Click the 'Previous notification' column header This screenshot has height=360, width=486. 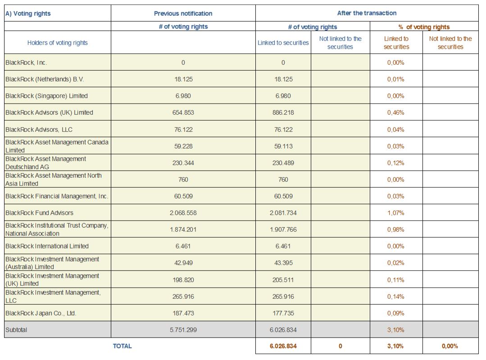pos(183,13)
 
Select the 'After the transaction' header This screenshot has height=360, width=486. pos(367,13)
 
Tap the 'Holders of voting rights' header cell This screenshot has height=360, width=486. pos(57,43)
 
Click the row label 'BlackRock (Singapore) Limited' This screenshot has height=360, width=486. pos(46,96)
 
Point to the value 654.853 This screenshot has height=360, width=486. pos(183,112)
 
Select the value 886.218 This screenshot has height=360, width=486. pos(283,112)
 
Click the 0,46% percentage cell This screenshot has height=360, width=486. pos(395,112)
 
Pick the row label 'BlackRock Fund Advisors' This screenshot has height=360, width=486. pos(39,213)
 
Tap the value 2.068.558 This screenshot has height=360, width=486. pos(183,213)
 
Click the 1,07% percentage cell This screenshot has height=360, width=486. pos(395,213)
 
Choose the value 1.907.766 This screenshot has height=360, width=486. pos(283,229)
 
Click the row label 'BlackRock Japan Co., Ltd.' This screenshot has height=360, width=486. pos(41,313)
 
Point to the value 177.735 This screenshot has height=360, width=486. pos(283,313)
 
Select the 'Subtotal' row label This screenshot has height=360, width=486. pos(16,330)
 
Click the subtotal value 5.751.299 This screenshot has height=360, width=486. pos(183,330)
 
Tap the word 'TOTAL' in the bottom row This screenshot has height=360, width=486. pos(122,346)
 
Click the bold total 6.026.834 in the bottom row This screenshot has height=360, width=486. pos(283,346)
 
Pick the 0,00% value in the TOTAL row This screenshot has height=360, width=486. pos(450,346)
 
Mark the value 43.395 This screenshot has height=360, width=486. pos(283,263)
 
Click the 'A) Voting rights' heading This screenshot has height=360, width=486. pos(28,13)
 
